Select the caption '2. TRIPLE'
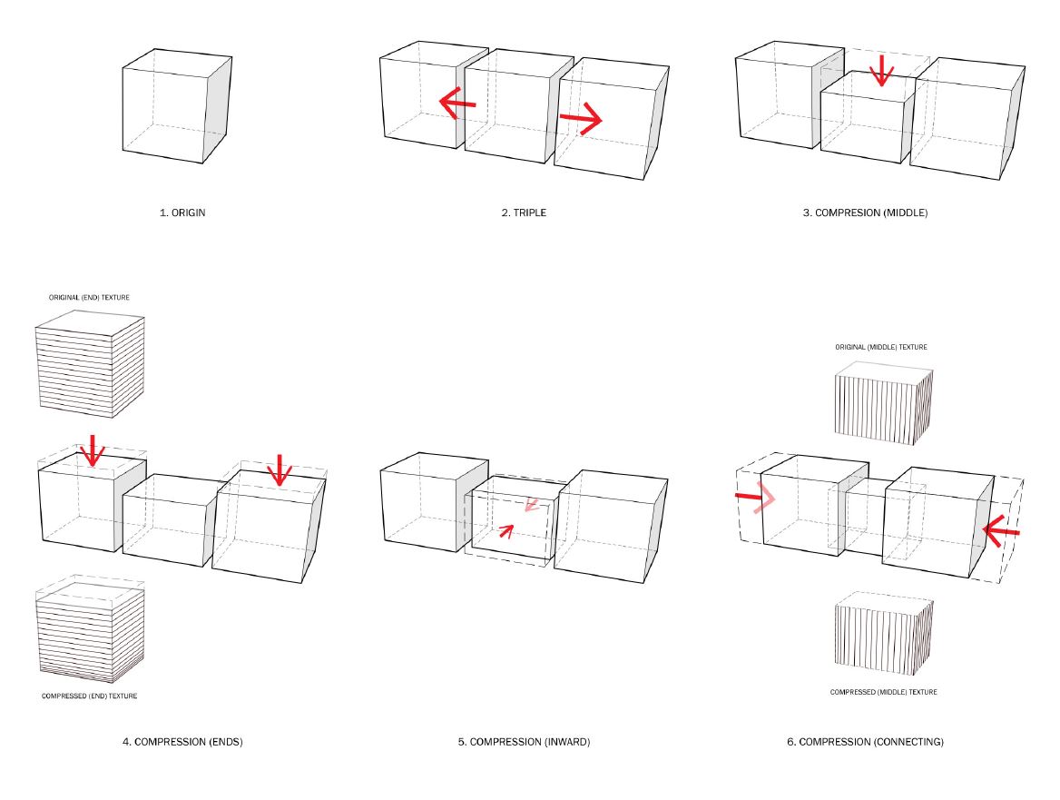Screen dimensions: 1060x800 point(524,212)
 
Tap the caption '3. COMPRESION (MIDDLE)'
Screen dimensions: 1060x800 point(871,212)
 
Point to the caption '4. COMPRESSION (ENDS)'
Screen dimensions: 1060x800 point(182,742)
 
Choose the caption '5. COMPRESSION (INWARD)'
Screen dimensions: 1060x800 point(524,742)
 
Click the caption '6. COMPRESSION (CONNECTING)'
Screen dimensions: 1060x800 point(865,742)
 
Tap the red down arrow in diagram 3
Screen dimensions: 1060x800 point(879,71)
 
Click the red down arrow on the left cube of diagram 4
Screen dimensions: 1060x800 point(92,450)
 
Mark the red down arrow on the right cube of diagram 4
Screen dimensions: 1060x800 point(280,469)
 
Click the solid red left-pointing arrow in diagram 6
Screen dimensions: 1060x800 point(1001,532)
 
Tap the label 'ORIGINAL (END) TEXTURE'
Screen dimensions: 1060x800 point(90,298)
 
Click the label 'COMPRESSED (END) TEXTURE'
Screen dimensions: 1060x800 point(89,696)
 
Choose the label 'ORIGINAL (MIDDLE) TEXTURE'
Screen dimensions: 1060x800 point(881,347)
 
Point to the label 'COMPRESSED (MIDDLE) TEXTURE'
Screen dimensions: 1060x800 point(883,692)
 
